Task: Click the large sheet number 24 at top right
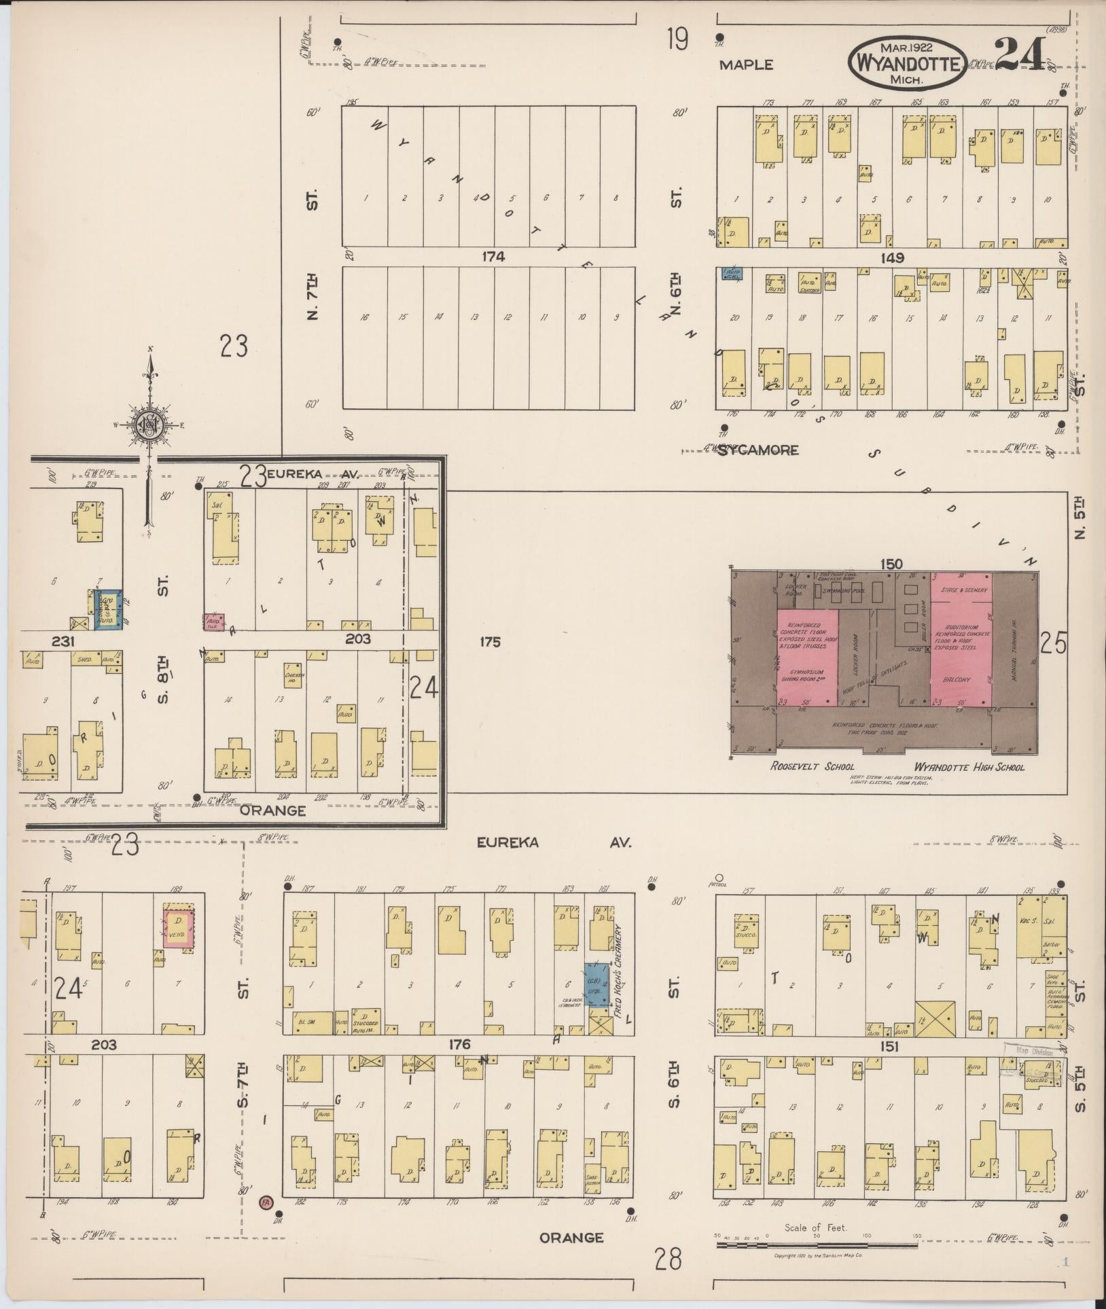tap(1020, 55)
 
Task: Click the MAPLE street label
tap(747, 65)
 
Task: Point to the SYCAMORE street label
tap(757, 450)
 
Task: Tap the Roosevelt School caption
tap(812, 766)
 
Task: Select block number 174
tap(493, 257)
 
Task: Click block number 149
tap(891, 257)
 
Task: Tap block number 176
tap(459, 1045)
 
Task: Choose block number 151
tap(889, 1047)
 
